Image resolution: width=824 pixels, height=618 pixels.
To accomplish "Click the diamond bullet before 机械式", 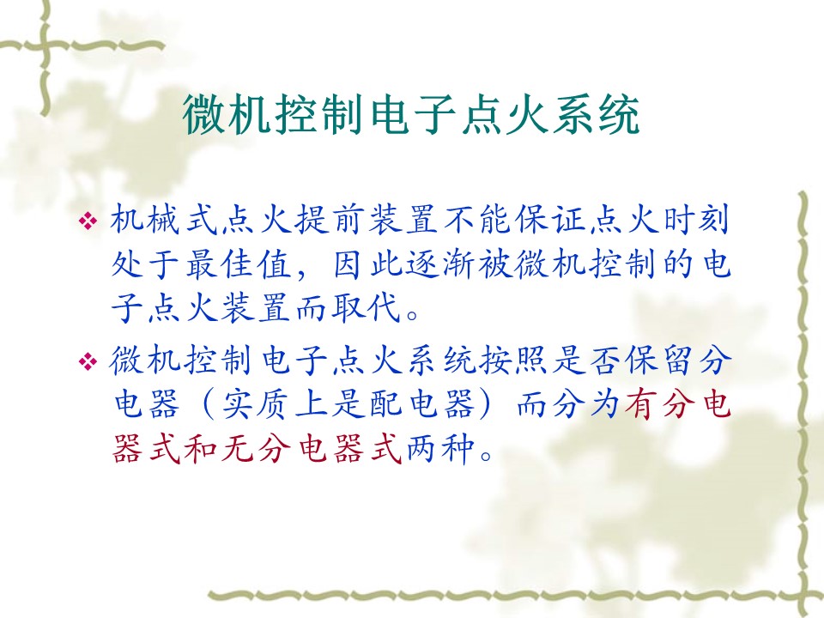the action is [x=88, y=221].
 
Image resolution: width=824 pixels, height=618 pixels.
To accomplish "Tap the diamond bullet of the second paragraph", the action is [x=88, y=361].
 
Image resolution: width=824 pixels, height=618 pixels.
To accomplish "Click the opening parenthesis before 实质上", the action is [x=209, y=404].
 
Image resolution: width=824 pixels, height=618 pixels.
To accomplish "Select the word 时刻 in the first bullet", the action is [x=696, y=220].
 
